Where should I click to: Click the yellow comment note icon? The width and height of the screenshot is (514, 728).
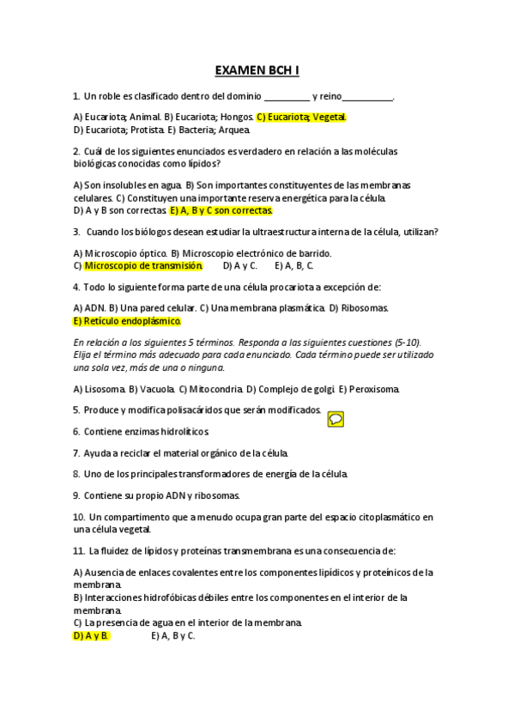(336, 419)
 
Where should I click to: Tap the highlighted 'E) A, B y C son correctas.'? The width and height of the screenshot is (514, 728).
(221, 209)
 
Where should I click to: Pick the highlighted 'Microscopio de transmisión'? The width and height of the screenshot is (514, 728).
(143, 265)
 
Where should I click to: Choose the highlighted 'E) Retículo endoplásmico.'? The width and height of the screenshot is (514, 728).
(128, 320)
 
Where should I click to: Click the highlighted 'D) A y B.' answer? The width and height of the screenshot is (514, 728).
(91, 635)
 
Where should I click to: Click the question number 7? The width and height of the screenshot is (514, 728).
(76, 452)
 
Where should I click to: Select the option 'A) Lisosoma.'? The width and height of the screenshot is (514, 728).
(100, 389)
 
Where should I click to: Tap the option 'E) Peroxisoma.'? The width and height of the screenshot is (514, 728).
(369, 389)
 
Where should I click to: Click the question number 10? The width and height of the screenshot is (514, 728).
(79, 517)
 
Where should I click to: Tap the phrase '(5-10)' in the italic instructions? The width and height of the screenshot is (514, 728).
(405, 341)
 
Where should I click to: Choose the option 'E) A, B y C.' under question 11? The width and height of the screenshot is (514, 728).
(172, 635)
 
